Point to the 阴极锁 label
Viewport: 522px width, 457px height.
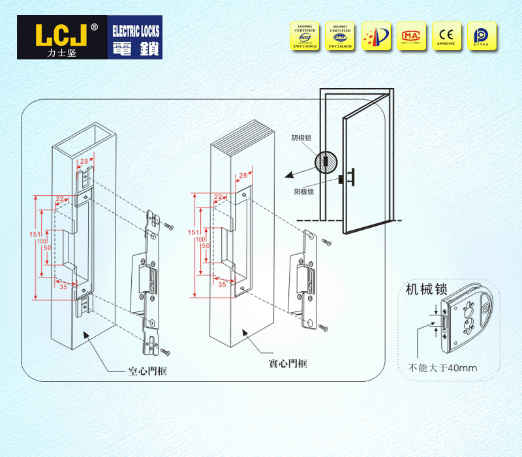click(x=302, y=138)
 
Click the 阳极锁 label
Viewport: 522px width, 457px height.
click(x=304, y=192)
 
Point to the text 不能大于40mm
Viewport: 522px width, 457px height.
click(x=442, y=368)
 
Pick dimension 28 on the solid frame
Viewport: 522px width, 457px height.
click(x=243, y=176)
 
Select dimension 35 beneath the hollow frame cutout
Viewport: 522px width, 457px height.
click(x=63, y=286)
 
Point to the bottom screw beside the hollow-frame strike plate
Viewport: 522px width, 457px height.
click(x=166, y=353)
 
